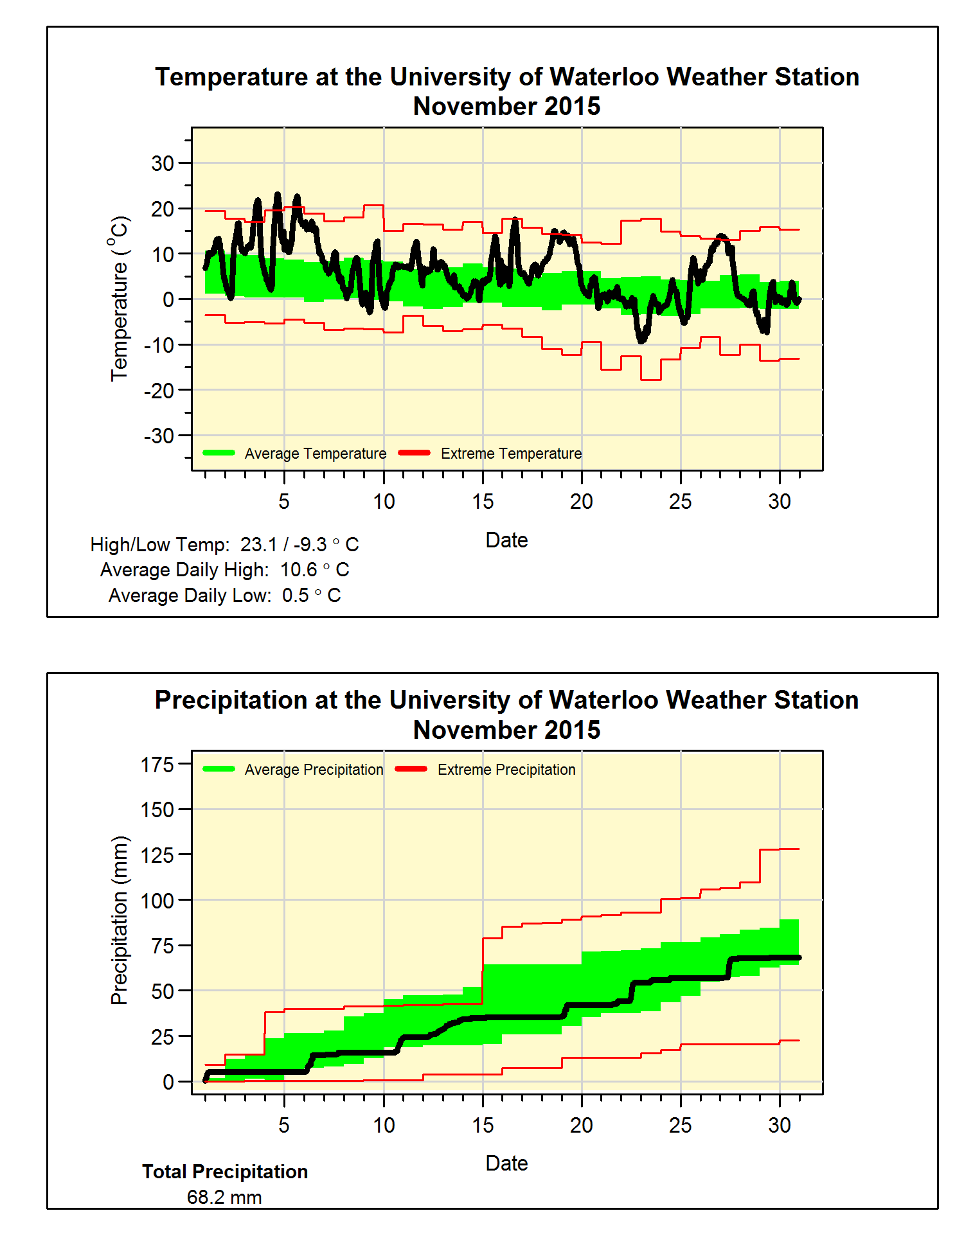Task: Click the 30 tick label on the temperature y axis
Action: [163, 163]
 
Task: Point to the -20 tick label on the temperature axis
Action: [159, 390]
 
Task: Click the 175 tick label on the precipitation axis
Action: [157, 765]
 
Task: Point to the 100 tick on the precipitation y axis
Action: [157, 901]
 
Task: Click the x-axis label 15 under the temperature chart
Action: [483, 502]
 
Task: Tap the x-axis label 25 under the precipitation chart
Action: [681, 1125]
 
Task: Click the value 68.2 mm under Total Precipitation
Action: [224, 1198]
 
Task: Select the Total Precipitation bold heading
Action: [225, 1172]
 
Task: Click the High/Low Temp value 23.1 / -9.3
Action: [283, 545]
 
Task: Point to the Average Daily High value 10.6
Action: [299, 570]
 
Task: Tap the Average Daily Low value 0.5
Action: [296, 596]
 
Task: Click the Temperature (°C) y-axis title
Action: [120, 299]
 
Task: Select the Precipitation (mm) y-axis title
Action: [120, 920]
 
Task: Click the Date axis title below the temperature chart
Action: [506, 540]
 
